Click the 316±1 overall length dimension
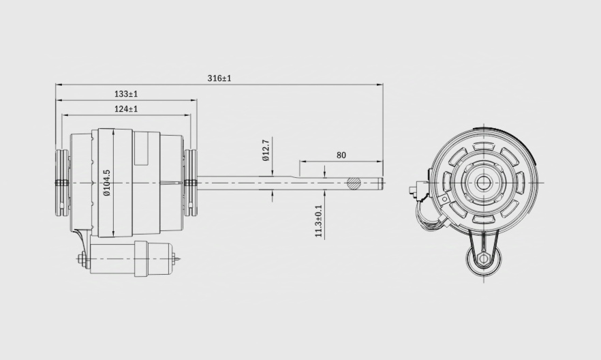(219, 78)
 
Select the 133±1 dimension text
(126, 93)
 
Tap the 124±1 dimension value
(126, 109)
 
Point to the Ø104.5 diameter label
(107, 183)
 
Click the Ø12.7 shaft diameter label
(266, 150)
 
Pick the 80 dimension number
(341, 155)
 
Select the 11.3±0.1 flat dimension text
(319, 221)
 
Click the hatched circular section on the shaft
(354, 183)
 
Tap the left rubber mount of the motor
(63, 183)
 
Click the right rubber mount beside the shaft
(190, 183)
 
